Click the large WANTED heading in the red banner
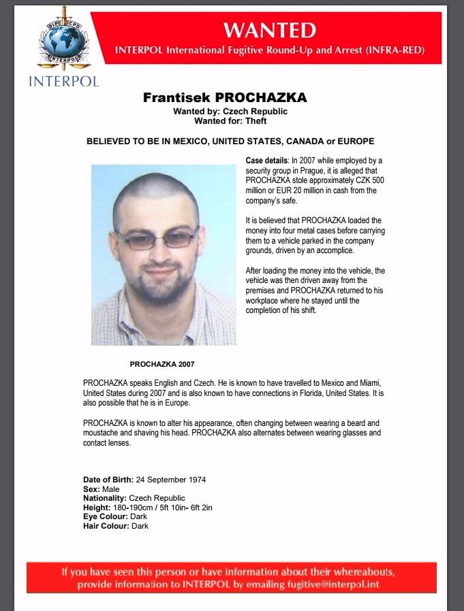point(270,30)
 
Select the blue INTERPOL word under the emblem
point(63,81)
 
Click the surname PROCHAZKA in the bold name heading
point(261,97)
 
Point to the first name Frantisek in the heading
point(176,97)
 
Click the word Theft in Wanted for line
point(256,121)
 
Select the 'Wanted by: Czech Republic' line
point(230,112)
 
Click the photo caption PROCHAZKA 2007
point(162,364)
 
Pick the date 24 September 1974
point(170,480)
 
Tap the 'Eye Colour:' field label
point(106,516)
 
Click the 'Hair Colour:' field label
point(106,526)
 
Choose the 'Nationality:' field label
point(105,498)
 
